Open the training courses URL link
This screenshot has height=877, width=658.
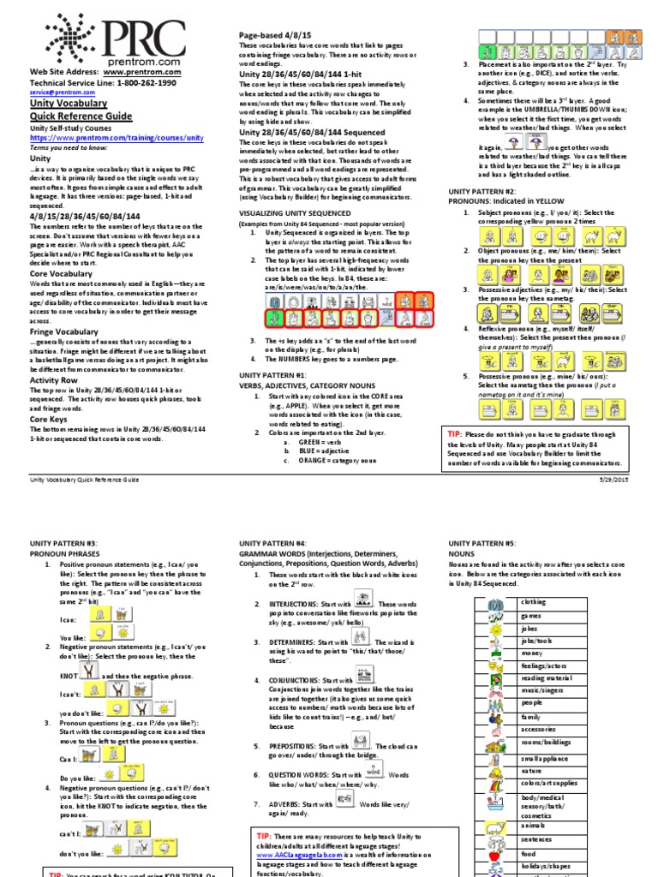117,137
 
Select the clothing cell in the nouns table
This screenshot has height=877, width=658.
533,602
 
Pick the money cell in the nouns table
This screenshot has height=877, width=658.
531,653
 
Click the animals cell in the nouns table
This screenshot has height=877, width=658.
532,826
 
